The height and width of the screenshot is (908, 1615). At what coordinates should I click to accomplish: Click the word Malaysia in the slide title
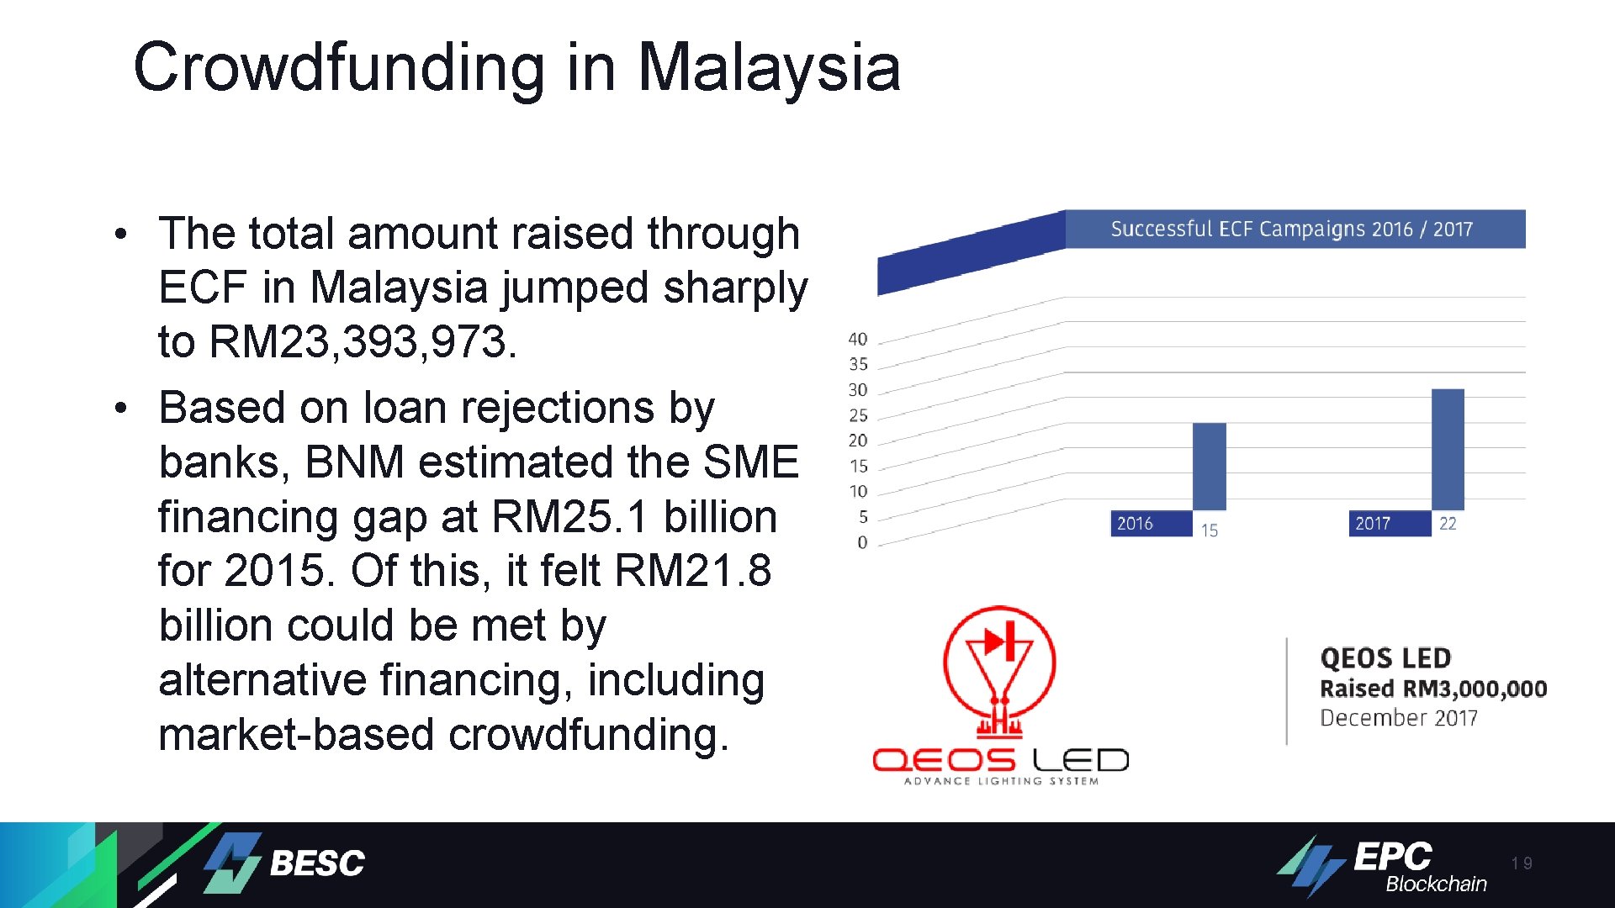[x=769, y=67]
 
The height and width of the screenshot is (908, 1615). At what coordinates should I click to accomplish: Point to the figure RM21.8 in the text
[x=692, y=571]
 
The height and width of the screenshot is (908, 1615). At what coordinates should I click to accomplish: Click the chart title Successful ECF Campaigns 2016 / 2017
[x=1291, y=229]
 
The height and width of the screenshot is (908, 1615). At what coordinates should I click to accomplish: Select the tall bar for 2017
[x=1448, y=449]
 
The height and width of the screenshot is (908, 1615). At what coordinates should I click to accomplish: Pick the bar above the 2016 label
[x=1209, y=466]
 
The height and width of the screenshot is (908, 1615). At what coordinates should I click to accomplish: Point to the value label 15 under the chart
[x=1209, y=531]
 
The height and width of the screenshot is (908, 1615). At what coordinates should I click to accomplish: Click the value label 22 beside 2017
[x=1448, y=523]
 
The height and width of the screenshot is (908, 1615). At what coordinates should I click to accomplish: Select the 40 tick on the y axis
[x=857, y=339]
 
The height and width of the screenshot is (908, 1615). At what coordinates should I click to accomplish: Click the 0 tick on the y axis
[x=862, y=542]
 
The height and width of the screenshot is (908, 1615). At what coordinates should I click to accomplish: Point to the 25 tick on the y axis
[x=857, y=415]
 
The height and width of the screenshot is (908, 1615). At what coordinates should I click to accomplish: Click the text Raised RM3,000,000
[x=1432, y=689]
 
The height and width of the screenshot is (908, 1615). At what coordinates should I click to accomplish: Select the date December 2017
[x=1398, y=718]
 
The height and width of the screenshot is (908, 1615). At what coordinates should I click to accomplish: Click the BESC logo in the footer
[x=286, y=863]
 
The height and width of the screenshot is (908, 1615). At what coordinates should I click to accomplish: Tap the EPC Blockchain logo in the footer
[x=1384, y=865]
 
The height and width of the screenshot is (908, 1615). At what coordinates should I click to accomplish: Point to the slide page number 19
[x=1521, y=863]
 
